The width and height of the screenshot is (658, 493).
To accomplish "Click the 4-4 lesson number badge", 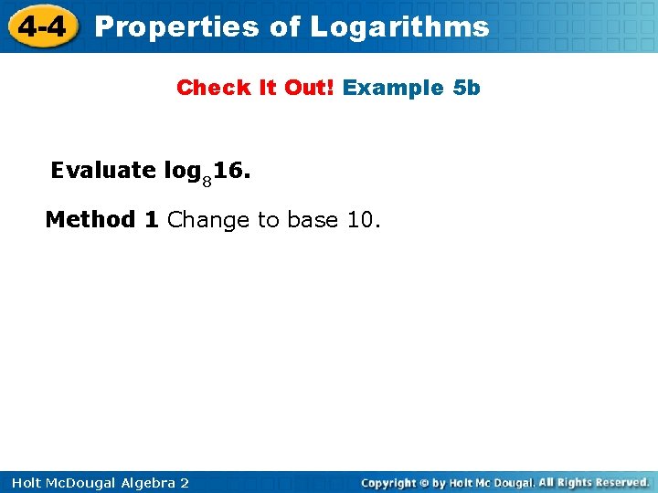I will point(41,26).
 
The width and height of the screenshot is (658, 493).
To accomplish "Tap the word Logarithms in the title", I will point(399,26).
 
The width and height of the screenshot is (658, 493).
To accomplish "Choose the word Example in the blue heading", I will point(393,89).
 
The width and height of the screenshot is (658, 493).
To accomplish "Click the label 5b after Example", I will point(466,88).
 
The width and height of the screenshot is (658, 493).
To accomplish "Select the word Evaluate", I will point(103,171).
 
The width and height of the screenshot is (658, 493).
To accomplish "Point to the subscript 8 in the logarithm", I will point(207,181).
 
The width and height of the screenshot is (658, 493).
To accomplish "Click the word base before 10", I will point(313,220).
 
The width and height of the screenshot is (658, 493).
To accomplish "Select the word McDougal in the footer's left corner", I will point(81,482).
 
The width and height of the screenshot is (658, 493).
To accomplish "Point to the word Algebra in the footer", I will point(150,482).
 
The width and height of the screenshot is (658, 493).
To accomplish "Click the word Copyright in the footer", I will point(389,482).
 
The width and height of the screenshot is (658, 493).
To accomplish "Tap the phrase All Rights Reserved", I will point(593,482).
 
